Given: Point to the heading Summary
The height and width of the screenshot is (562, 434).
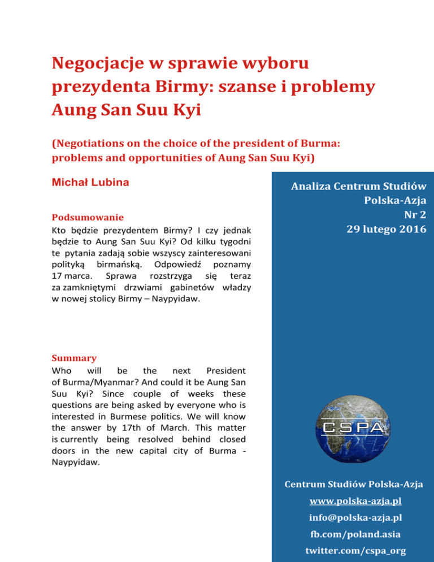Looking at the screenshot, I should (x=73, y=358).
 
